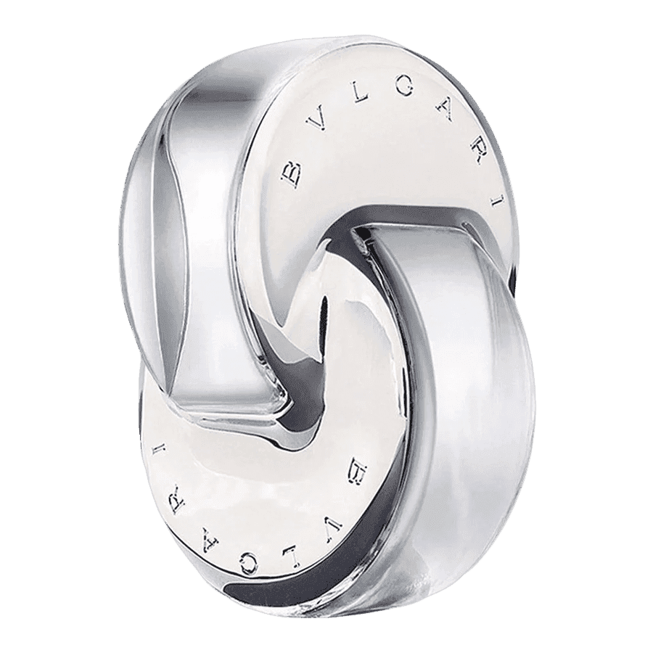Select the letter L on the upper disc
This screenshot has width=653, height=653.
tap(361, 96)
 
